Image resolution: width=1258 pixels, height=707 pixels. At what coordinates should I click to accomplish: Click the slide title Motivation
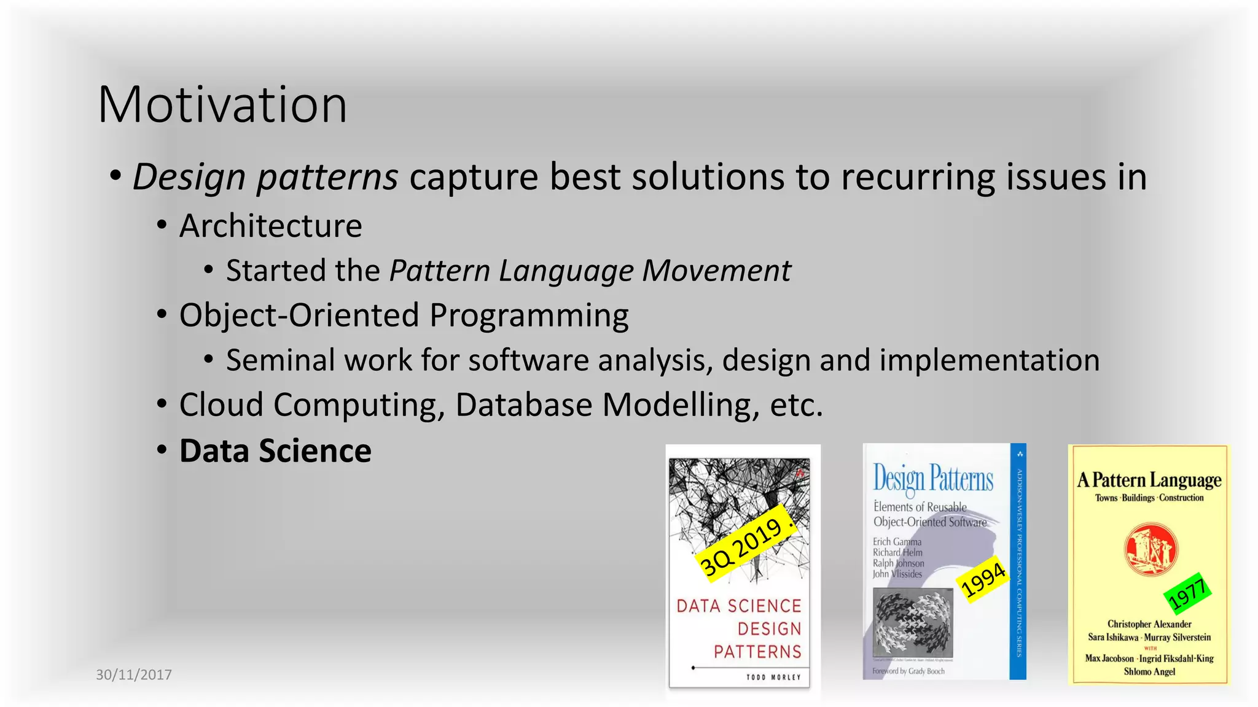pos(222,104)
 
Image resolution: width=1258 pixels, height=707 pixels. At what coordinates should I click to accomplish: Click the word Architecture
pos(270,226)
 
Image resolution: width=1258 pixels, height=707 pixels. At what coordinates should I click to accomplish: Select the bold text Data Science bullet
pos(275,451)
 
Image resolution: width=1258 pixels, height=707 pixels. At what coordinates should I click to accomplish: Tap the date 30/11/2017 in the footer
pos(134,674)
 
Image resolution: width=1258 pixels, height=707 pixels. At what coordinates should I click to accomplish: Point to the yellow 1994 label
pos(983,580)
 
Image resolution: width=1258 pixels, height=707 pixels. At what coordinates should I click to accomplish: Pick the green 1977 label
pos(1187,593)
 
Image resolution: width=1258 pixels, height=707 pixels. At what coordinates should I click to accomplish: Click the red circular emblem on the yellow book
pos(1151,549)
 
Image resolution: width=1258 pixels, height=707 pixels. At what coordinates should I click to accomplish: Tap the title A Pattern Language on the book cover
pos(1149,480)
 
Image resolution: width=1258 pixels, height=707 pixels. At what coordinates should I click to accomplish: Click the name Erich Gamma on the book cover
pos(897,542)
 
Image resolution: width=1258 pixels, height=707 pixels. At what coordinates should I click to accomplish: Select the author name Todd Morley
pos(773,677)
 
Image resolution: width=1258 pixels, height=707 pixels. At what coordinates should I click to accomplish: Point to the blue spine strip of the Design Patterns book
pos(1018,561)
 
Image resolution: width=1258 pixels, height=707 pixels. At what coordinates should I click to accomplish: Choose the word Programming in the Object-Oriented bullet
pos(529,315)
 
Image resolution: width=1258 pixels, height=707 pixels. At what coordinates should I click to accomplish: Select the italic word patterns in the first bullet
pos(327,177)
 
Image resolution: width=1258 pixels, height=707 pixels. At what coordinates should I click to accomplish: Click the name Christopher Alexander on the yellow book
pos(1149,624)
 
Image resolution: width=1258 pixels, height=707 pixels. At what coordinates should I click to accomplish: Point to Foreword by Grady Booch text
pos(908,671)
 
